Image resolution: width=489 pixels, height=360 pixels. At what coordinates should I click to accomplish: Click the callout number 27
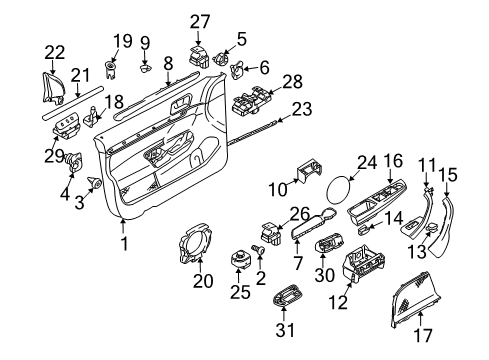(x=200, y=22)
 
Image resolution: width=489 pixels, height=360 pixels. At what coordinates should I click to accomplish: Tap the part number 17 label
(x=423, y=335)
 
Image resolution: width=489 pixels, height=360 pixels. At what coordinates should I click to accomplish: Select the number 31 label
(x=285, y=330)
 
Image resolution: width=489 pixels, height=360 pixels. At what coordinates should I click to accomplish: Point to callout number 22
(x=55, y=52)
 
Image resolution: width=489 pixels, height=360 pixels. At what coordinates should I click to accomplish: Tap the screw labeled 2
(x=260, y=249)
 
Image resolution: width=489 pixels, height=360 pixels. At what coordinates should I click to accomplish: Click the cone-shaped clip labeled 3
(x=95, y=183)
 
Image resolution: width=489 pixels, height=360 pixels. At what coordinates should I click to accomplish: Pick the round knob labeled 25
(x=239, y=259)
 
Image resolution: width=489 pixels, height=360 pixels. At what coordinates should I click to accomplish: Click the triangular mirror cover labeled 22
(x=52, y=88)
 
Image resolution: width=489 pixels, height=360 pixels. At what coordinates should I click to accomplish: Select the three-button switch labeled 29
(x=67, y=125)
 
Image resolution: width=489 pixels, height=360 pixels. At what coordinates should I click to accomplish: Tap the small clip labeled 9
(x=145, y=68)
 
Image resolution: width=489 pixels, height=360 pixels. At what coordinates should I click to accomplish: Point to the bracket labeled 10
(x=309, y=171)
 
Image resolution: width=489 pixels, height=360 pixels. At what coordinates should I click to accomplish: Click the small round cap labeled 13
(x=433, y=227)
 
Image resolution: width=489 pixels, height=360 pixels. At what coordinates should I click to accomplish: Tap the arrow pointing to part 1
(x=123, y=227)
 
